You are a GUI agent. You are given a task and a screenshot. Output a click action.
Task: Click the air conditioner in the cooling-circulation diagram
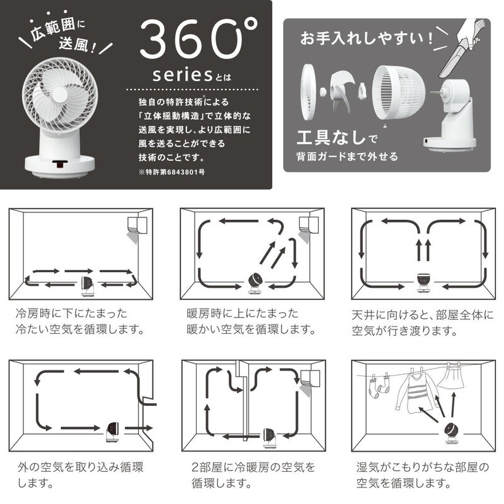[137, 226]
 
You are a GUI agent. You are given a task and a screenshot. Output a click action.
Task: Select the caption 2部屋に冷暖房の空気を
[253, 468]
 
